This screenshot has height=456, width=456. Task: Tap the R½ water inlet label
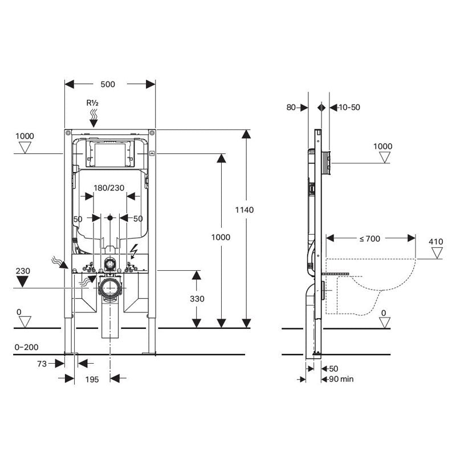(93, 103)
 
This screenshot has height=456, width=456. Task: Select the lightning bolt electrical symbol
(135, 251)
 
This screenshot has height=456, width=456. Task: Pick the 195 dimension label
(92, 378)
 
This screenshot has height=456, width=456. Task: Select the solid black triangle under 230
(23, 280)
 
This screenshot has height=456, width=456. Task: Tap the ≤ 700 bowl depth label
(369, 239)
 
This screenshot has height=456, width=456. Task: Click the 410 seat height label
(436, 242)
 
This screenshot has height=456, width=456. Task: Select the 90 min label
(339, 378)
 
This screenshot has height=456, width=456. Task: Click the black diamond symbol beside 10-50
(322, 107)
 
